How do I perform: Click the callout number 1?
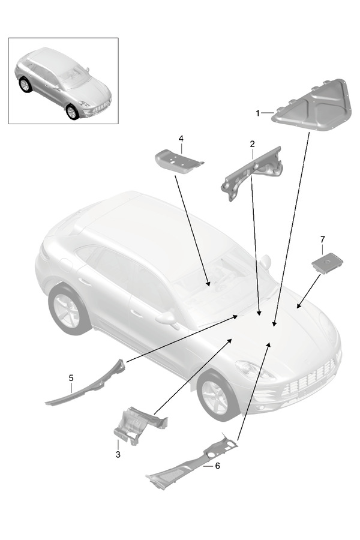pyautogui.click(x=257, y=112)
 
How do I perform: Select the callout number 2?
pyautogui.click(x=253, y=144)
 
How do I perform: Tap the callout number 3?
pyautogui.click(x=118, y=455)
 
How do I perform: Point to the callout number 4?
pyautogui.click(x=181, y=139)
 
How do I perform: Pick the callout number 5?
pyautogui.click(x=71, y=378)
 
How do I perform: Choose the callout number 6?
pyautogui.click(x=217, y=465)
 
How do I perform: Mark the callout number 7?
pyautogui.click(x=322, y=240)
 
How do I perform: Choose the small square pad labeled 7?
pyautogui.click(x=327, y=263)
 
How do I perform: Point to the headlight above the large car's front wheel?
pyautogui.click(x=252, y=368)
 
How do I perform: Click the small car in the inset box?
pyautogui.click(x=63, y=81)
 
